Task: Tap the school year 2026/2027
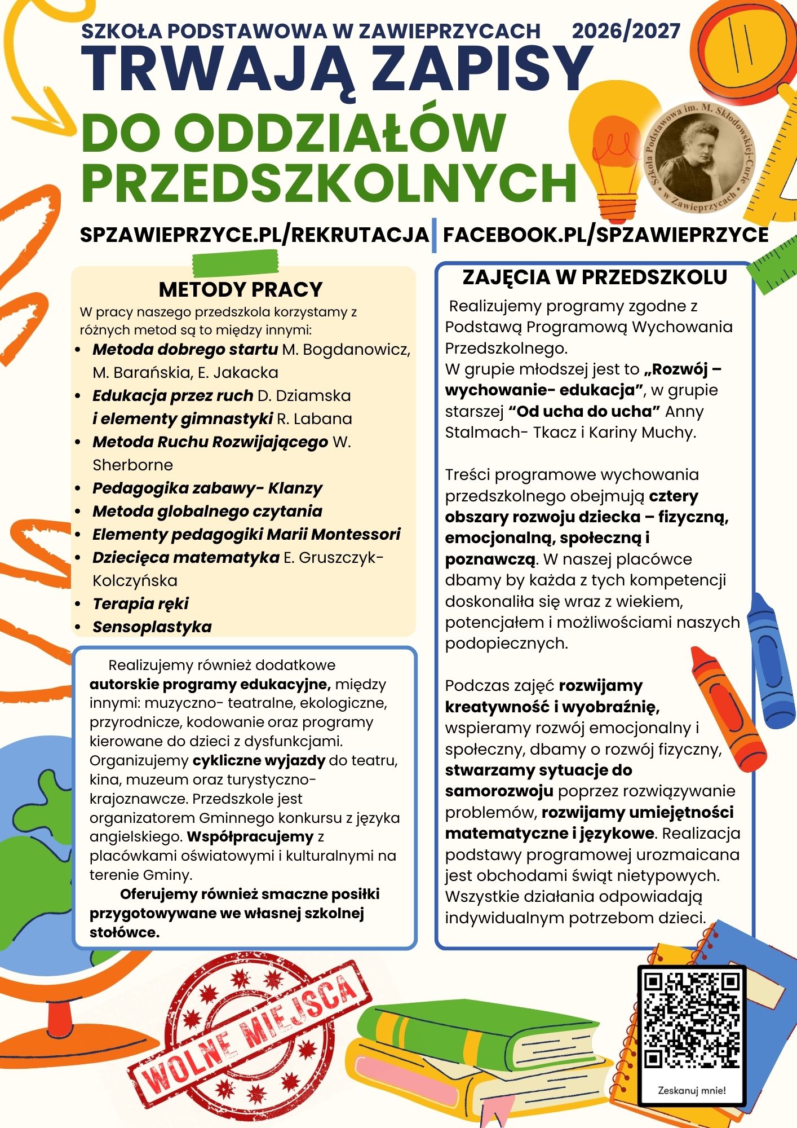[x=626, y=30]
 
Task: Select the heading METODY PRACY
[x=241, y=289]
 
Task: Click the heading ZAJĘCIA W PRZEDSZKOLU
[x=595, y=277]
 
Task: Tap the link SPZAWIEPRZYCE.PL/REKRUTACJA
[x=254, y=235]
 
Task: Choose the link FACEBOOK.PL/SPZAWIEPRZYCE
[x=606, y=235]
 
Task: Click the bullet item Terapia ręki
[x=140, y=603]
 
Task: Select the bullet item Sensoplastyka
[x=152, y=627]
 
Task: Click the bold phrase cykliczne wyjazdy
[x=259, y=760]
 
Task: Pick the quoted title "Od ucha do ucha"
[x=584, y=411]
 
